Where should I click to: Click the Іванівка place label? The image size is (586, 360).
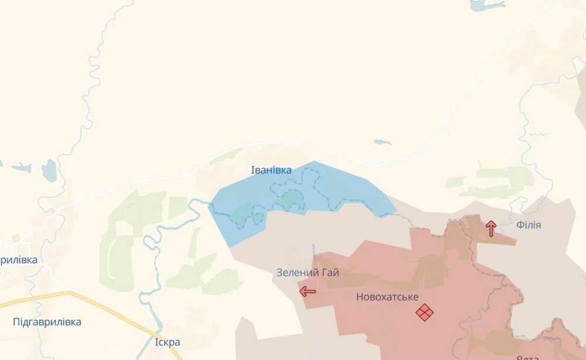(271, 170)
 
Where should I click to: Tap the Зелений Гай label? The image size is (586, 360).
(308, 273)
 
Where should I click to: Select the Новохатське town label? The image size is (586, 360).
(387, 297)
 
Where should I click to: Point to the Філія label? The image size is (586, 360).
(529, 225)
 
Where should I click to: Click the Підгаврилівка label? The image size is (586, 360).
(47, 322)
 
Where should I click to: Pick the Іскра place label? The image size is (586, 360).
(168, 342)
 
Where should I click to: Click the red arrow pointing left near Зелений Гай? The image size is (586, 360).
(307, 291)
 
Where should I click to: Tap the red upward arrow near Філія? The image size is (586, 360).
(491, 228)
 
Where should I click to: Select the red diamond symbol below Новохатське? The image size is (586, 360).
(425, 313)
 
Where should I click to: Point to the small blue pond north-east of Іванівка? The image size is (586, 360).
(382, 142)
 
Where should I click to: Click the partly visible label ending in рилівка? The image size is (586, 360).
(19, 260)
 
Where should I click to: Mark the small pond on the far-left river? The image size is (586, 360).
(49, 171)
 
